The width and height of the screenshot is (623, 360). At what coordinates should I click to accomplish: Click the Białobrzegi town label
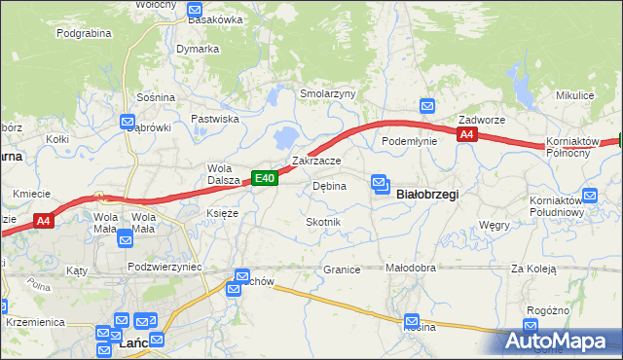pos(428,195)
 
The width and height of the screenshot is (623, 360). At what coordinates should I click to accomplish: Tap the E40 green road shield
pos(266,178)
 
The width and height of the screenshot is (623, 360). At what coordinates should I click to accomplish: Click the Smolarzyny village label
pos(328,94)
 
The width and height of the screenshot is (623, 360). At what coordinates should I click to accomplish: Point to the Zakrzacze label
pos(316,161)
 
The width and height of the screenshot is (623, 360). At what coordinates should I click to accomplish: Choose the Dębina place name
pos(329,186)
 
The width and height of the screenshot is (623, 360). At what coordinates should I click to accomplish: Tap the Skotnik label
pos(323,223)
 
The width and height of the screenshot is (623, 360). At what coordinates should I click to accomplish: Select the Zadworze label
pos(482,120)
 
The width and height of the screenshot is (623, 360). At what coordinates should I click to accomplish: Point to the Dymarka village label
pos(198,49)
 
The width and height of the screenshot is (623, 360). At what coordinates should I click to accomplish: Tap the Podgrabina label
pos(84,33)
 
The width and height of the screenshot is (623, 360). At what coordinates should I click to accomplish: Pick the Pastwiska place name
pos(215,119)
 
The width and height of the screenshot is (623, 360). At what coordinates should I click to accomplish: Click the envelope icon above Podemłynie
pos(426,106)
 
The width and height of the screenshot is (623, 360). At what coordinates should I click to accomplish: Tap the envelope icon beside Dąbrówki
pos(128,122)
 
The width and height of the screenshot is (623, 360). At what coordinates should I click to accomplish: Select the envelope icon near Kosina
pos(412,320)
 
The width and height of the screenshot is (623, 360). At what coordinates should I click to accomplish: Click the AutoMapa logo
pos(560,342)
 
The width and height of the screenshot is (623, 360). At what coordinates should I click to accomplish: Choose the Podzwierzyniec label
pos(165,266)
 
